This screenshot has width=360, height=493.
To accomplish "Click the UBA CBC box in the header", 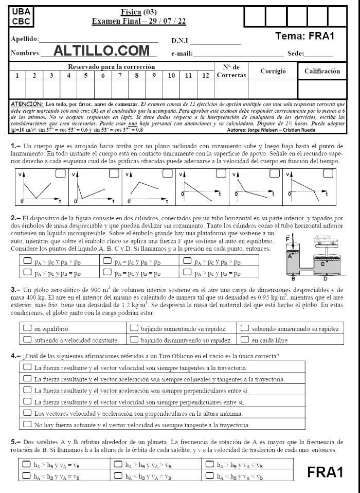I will (21, 16).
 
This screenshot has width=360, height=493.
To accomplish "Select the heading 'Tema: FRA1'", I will (305, 37).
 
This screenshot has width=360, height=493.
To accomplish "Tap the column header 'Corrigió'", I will (273, 71).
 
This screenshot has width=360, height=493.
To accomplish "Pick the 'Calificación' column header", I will (322, 71).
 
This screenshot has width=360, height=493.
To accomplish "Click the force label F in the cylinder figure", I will (287, 240).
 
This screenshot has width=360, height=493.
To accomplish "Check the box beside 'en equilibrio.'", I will (27, 327).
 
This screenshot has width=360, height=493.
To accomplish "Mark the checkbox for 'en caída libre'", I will (245, 339).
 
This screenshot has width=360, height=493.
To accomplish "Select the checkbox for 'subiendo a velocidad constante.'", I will (27, 339).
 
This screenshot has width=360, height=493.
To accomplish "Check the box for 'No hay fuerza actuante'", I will (27, 425).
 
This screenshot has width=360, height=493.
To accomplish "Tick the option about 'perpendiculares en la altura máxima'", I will (27, 413).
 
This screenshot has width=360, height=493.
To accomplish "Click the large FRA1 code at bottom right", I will (325, 472).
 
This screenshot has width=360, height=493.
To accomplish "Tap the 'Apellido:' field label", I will (24, 39).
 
